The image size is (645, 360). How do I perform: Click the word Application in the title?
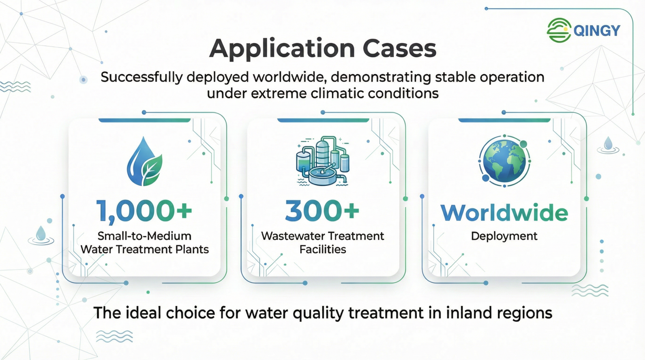pos(282,49)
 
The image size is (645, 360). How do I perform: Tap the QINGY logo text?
pos(597,31)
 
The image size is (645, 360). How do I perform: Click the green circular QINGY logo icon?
pos(559,30)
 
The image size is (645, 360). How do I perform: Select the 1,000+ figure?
pos(144,211)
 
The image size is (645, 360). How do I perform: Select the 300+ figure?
pos(322,210)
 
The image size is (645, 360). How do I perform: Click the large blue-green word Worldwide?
pos(504,212)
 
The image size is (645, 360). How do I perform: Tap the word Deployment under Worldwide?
pos(504,236)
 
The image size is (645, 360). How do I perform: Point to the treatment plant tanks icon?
pos(322,161)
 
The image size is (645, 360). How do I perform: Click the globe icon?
pos(504,161)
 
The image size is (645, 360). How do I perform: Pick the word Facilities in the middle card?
pos(322,249)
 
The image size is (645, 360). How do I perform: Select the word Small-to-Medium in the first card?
pos(145,236)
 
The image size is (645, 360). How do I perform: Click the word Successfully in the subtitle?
pos(141,77)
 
